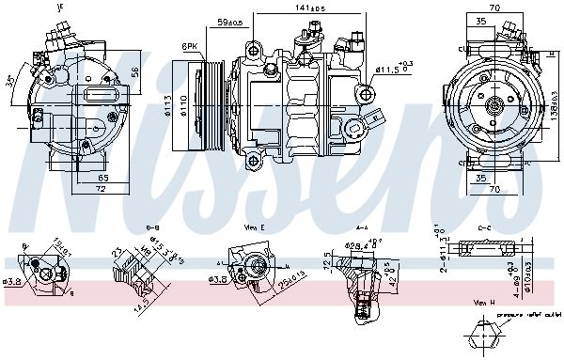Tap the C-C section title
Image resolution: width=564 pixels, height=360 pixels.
484,227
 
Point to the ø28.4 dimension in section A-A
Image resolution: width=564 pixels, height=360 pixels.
353,246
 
